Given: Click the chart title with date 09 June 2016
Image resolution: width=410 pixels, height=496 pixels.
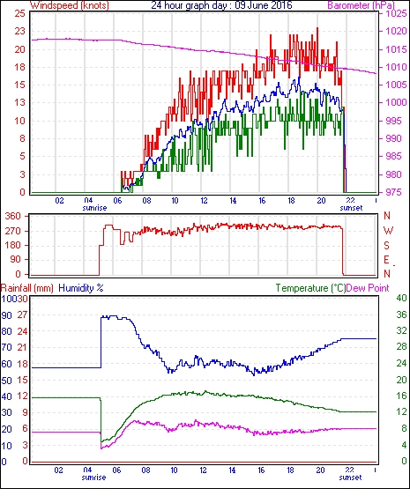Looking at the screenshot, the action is pyautogui.click(x=221, y=5).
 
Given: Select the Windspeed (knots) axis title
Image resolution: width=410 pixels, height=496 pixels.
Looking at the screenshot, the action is pyautogui.click(x=70, y=5).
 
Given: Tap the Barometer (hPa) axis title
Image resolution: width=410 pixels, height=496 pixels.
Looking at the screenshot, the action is pyautogui.click(x=362, y=5).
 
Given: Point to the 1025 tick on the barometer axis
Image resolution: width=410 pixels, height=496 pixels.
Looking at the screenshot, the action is pyautogui.click(x=396, y=13).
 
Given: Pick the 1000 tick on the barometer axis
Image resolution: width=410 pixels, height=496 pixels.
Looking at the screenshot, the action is pyautogui.click(x=396, y=102).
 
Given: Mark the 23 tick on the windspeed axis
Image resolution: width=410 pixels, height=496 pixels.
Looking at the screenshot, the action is pyautogui.click(x=19, y=31).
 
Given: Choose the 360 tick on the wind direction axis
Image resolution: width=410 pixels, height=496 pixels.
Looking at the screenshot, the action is pyautogui.click(x=13, y=217).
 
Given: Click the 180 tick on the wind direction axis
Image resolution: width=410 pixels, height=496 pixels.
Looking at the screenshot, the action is pyautogui.click(x=13, y=245).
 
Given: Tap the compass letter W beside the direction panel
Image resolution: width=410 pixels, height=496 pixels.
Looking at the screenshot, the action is pyautogui.click(x=388, y=230).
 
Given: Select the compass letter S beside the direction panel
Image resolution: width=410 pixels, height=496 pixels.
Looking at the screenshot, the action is pyautogui.click(x=386, y=245).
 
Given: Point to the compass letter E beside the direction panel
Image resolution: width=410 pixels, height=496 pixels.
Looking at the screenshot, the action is pyautogui.click(x=386, y=260).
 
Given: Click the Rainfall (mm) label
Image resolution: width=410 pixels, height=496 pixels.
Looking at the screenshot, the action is pyautogui.click(x=27, y=288).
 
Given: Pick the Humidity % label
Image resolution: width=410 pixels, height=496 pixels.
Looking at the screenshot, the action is pyautogui.click(x=81, y=288).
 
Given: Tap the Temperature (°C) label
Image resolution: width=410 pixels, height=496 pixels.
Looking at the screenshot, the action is pyautogui.click(x=310, y=288).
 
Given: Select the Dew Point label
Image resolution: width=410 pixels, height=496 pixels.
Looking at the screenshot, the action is pyautogui.click(x=368, y=288).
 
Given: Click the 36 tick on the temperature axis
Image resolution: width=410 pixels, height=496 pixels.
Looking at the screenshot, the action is pyautogui.click(x=401, y=315).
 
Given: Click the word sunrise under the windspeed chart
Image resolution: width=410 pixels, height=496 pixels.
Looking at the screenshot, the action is pyautogui.click(x=94, y=208).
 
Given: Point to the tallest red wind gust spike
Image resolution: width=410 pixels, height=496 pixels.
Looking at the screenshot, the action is pyautogui.click(x=317, y=28).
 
